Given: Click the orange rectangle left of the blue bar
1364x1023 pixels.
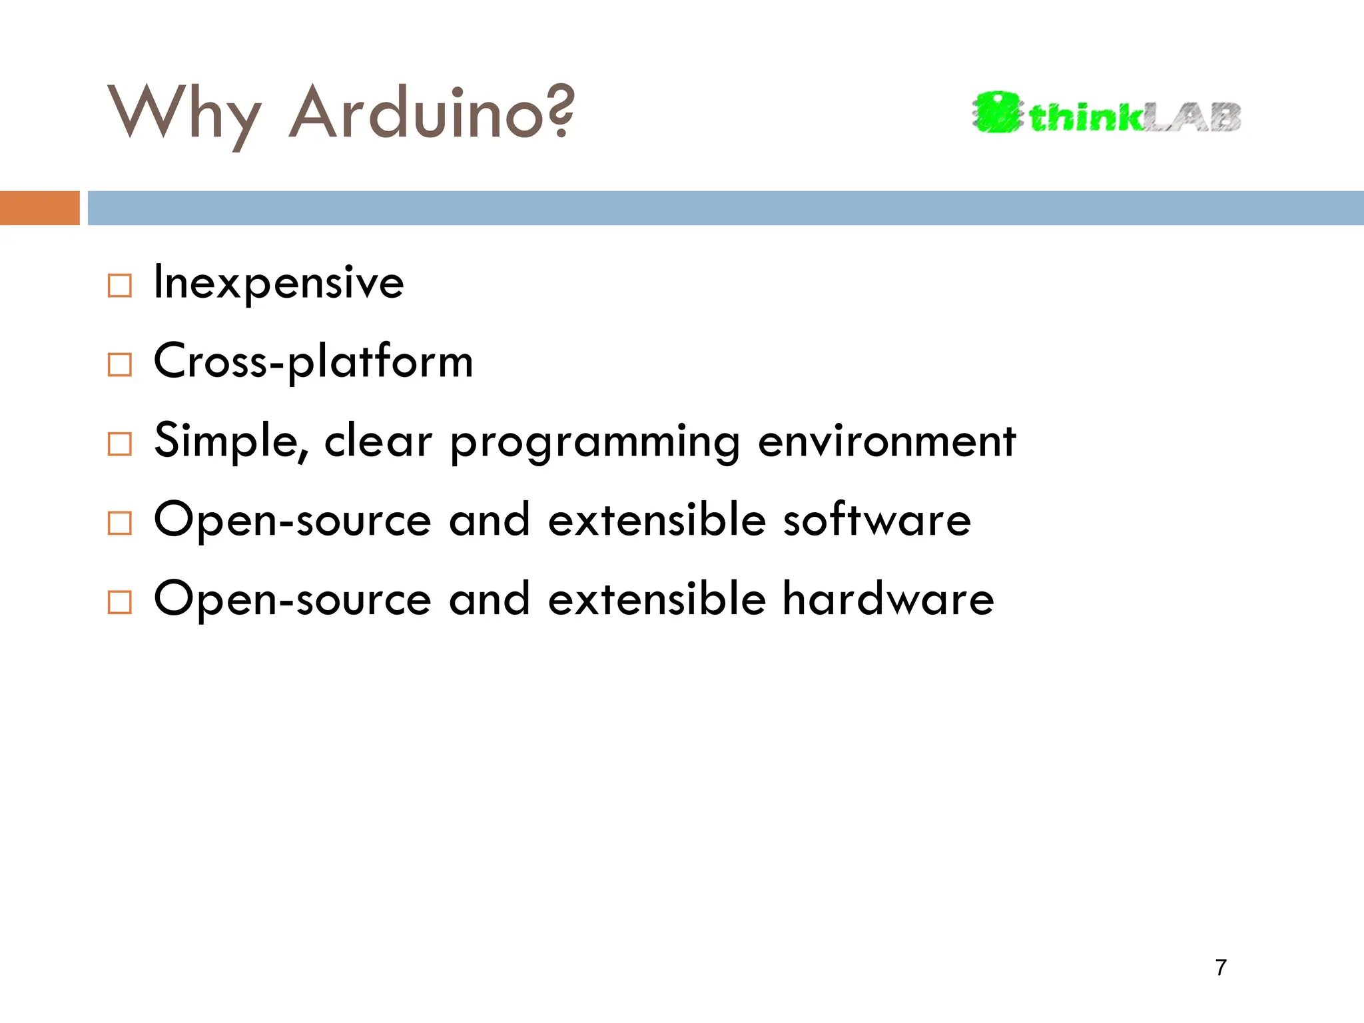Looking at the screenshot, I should [x=39, y=208].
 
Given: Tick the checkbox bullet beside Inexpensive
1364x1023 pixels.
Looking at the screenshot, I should [x=120, y=286].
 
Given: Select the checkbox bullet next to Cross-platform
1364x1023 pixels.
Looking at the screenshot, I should [x=120, y=364].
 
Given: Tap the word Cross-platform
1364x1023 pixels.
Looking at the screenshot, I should [x=313, y=362].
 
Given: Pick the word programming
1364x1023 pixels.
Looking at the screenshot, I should [x=595, y=442].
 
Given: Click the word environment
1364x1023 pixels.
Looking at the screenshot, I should [x=886, y=441].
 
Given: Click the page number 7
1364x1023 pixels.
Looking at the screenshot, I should [x=1220, y=967].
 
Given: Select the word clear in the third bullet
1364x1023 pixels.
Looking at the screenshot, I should [x=378, y=441].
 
